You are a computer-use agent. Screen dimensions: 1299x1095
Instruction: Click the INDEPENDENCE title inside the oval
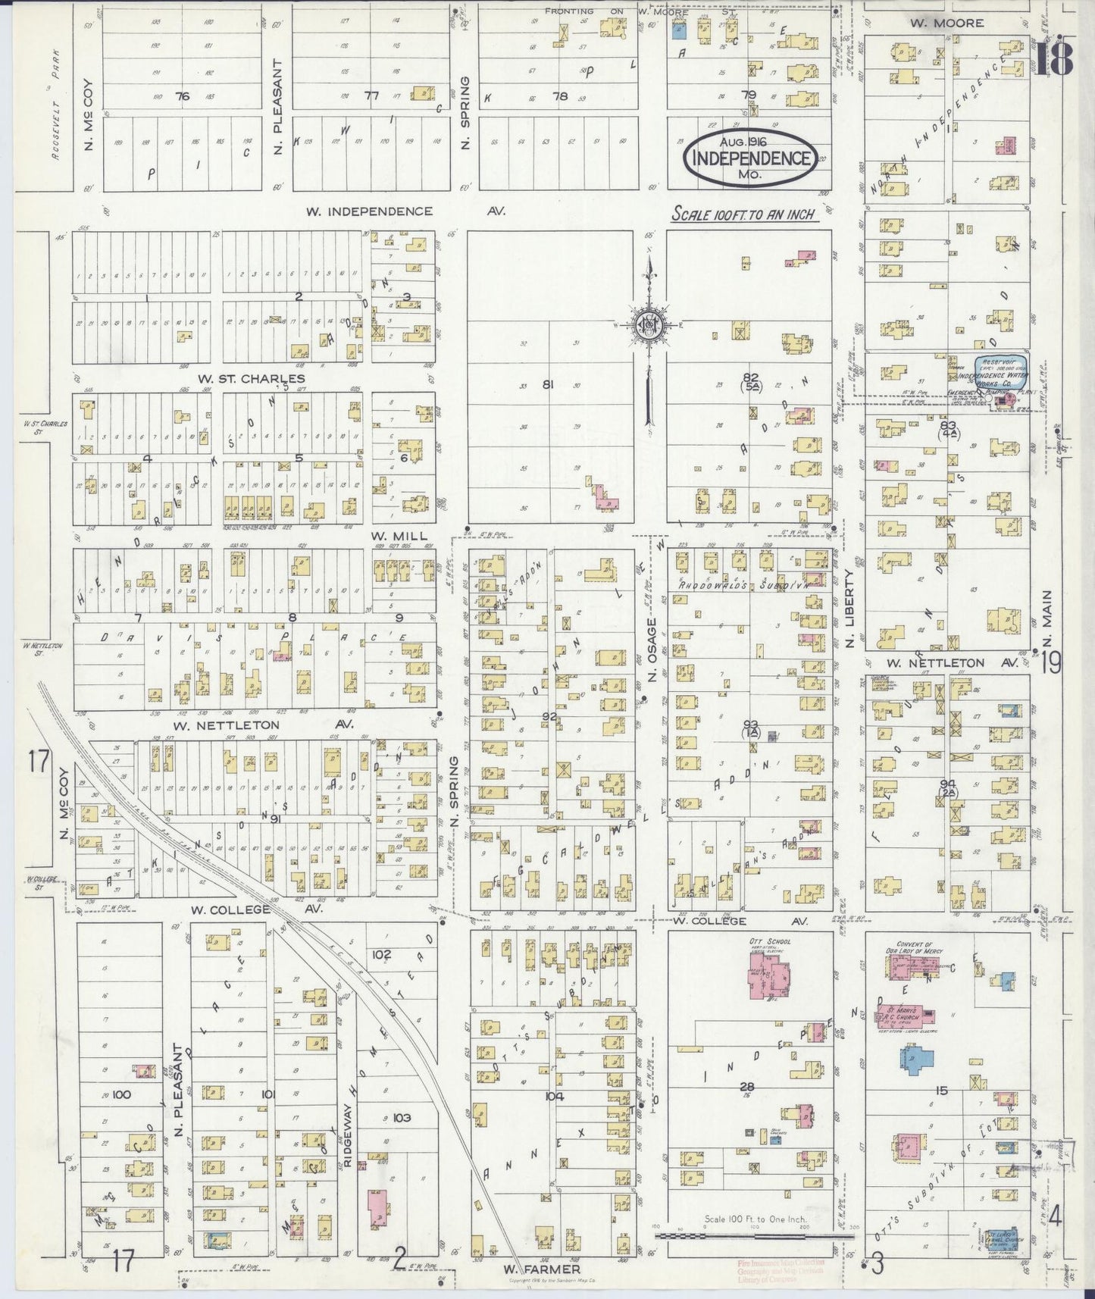750,158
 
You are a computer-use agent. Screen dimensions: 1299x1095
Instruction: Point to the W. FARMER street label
542,1269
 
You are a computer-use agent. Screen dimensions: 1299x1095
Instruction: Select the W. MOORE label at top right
946,23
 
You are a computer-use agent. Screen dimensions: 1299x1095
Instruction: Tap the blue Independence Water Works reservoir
1000,373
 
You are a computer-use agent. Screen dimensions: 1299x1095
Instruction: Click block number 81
548,384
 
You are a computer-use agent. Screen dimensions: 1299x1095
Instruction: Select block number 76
181,96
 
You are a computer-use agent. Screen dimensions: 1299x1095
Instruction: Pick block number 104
554,1096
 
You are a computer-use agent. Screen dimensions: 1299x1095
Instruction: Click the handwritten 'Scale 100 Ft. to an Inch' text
743,214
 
